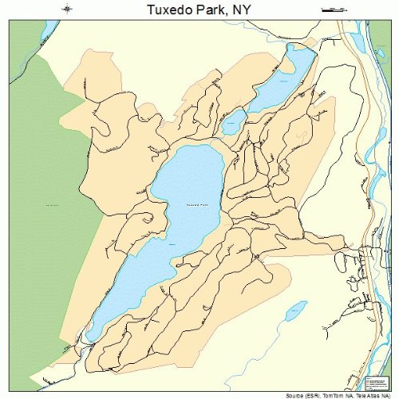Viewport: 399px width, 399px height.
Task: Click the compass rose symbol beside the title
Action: pyautogui.click(x=68, y=10)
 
